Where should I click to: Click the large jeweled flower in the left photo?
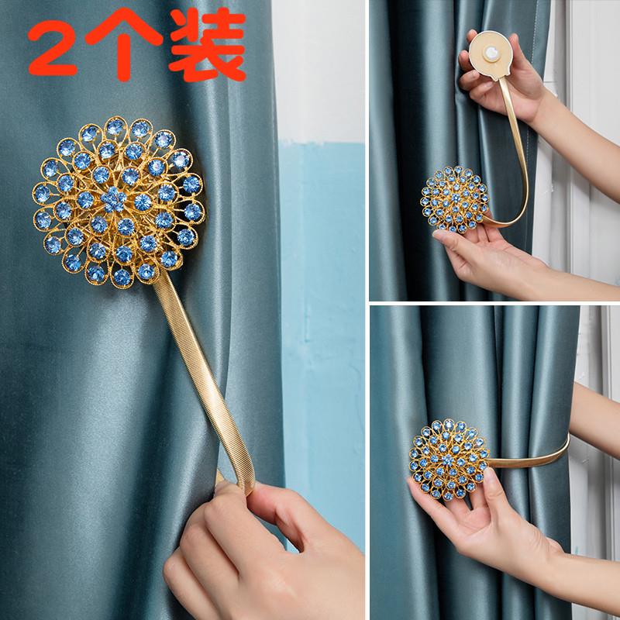point(119,202)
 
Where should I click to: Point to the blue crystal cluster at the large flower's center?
point(113,199)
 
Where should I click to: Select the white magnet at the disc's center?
point(491,53)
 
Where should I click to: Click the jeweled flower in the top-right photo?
point(455,199)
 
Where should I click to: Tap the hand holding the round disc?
point(502,75)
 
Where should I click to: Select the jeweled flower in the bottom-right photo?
point(449,460)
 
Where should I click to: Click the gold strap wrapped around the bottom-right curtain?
point(530,456)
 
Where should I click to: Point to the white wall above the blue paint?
point(319,71)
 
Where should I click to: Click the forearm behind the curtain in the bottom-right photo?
point(593,419)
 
